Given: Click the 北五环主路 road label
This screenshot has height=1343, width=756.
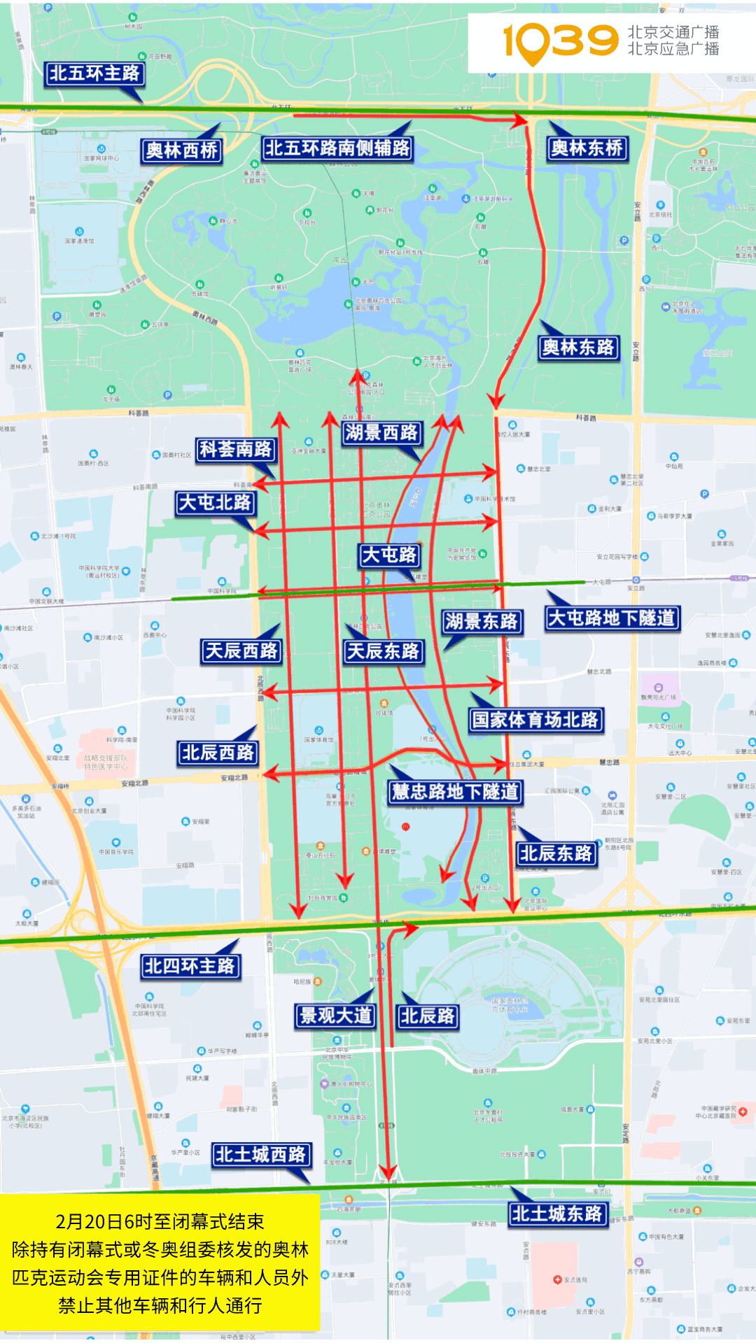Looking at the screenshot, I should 94,73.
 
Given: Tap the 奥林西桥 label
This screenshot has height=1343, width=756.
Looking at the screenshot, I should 181,150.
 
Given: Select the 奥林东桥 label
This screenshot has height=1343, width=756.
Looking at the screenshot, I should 587,148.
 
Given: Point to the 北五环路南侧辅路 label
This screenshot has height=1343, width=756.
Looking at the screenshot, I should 337,148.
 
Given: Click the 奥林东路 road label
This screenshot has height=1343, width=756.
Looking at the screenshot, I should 578,347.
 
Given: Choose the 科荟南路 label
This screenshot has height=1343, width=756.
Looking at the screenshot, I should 235,449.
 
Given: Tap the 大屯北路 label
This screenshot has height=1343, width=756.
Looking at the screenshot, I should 215,503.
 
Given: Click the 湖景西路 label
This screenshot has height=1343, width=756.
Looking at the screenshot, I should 381,433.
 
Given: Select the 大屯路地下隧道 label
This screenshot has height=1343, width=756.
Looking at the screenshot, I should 612,618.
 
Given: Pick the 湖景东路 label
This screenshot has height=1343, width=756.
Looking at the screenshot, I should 481,621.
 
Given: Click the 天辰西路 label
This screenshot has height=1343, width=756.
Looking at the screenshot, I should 241,651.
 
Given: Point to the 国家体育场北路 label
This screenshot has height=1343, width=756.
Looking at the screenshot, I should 535,720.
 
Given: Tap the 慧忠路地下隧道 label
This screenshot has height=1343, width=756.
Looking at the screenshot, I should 455,792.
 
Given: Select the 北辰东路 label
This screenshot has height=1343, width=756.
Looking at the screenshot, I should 556,853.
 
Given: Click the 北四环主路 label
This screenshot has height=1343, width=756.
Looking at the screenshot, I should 190,967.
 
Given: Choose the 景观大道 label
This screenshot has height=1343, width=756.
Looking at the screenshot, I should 335,1016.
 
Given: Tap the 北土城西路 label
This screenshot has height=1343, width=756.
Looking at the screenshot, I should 260,1155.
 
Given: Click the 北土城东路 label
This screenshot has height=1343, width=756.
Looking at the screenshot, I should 556,1214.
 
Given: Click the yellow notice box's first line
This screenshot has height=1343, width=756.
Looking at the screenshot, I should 160,1222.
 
